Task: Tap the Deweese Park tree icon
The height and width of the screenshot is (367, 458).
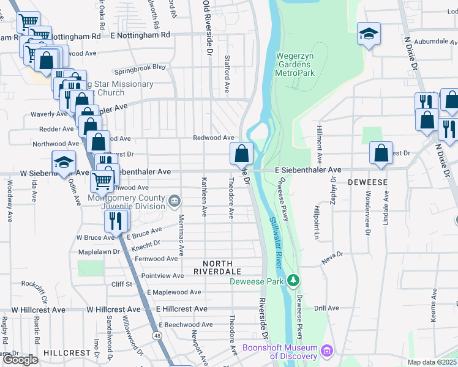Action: [x=295, y=281]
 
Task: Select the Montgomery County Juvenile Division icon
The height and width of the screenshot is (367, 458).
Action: [x=175, y=200]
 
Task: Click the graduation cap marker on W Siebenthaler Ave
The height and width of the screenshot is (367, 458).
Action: [x=64, y=162]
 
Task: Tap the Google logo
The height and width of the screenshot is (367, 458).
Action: [x=20, y=360]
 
